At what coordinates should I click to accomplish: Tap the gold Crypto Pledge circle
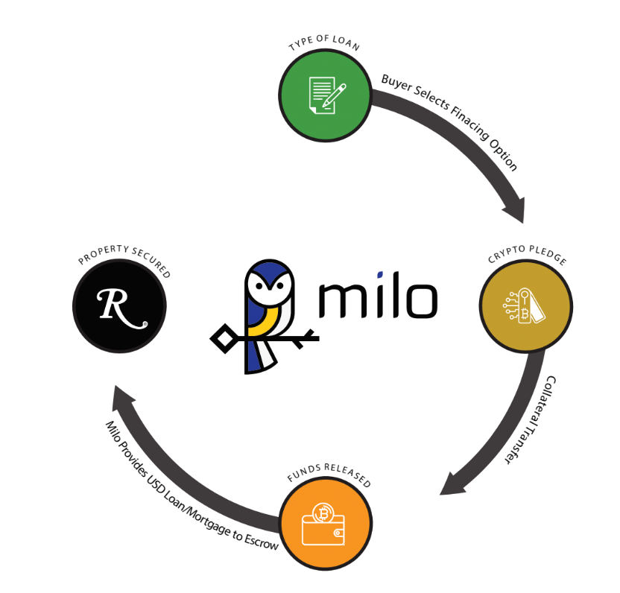526,306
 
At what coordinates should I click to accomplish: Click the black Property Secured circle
119,306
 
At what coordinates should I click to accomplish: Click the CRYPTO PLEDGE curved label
528,258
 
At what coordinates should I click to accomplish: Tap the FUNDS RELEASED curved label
328,477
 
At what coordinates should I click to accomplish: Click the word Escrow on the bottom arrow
262,542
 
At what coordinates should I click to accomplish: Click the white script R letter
119,306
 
